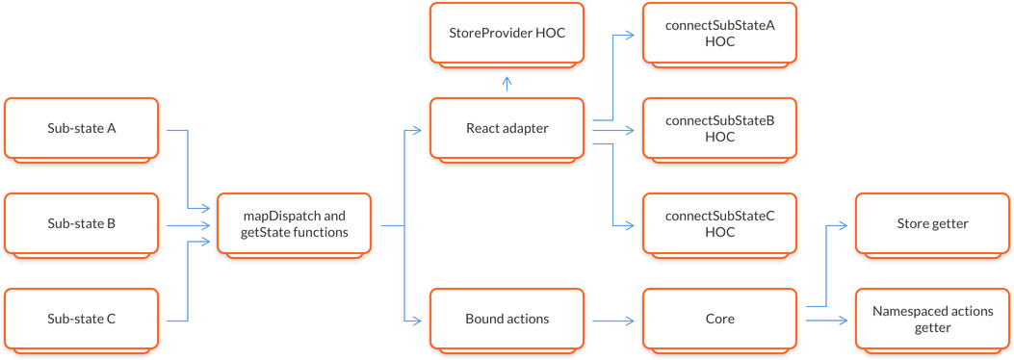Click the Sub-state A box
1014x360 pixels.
coord(82,128)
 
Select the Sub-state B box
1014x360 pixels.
coord(82,223)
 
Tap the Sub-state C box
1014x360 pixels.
coord(82,319)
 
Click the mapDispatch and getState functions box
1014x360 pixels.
coord(294,223)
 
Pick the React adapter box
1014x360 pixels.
coord(507,128)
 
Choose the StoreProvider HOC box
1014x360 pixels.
coord(507,33)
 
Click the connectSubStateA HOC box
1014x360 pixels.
coord(719,33)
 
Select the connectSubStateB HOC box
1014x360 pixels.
coord(719,128)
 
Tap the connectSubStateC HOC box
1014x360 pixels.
coord(719,223)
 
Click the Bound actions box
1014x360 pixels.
coord(507,319)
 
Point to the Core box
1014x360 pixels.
coord(719,319)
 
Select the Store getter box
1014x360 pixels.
coord(932,223)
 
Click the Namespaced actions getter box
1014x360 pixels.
coord(932,319)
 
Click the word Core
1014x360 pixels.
coord(719,319)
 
